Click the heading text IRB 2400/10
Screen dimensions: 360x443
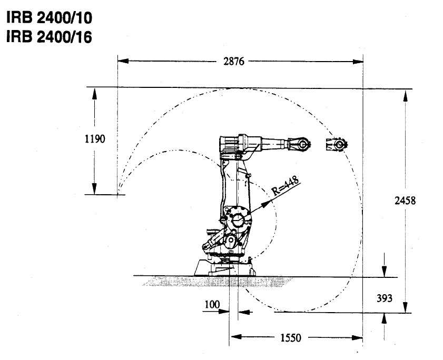pyautogui.click(x=48, y=18)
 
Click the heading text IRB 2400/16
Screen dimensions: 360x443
pyautogui.click(x=48, y=37)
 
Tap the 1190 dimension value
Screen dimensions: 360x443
pyautogui.click(x=95, y=139)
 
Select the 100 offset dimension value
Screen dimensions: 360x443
pyautogui.click(x=212, y=304)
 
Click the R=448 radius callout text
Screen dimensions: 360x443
pyautogui.click(x=285, y=187)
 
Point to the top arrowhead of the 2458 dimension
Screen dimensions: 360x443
pyautogui.click(x=405, y=95)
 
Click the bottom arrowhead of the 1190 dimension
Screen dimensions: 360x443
pyautogui.click(x=95, y=189)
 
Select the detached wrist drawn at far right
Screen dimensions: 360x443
pyautogui.click(x=337, y=144)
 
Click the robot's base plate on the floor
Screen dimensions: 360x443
pyautogui.click(x=224, y=269)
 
